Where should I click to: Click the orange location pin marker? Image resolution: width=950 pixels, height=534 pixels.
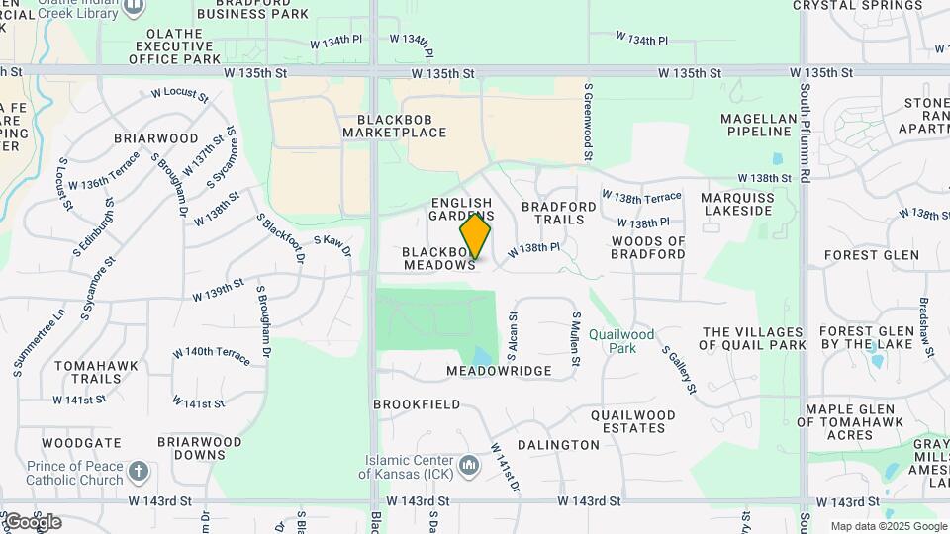point(475,236)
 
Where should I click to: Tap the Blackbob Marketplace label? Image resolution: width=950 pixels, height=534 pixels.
point(395,125)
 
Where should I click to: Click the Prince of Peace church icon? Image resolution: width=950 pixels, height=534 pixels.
point(139,471)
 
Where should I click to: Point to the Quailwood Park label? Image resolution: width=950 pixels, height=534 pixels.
point(621,341)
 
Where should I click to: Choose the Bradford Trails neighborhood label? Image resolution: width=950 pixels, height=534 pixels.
point(559,213)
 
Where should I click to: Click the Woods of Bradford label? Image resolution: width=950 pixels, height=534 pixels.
point(648,247)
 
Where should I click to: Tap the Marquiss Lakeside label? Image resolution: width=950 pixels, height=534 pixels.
point(736,204)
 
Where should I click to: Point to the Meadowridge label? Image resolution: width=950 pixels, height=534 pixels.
point(499,371)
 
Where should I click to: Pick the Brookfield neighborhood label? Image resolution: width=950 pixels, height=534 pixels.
point(417,404)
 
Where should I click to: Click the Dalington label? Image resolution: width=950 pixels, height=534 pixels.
point(558,445)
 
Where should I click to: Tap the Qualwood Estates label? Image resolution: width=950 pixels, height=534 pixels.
point(633,421)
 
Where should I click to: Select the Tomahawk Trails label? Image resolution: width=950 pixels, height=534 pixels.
point(89,372)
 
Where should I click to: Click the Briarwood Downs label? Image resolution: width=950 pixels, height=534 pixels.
point(199,448)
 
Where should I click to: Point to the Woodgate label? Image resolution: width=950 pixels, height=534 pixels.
point(81,443)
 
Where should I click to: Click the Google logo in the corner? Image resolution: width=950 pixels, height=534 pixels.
point(33,522)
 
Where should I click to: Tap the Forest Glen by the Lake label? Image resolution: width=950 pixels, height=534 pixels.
point(856,338)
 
